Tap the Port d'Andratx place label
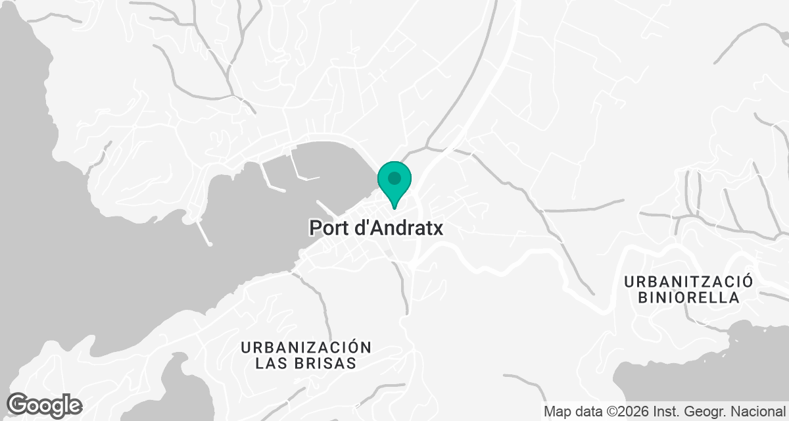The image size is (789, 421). (x=376, y=228)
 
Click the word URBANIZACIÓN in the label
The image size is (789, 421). (x=306, y=347)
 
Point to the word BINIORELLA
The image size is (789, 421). (x=688, y=297)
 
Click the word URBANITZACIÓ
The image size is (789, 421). (x=688, y=282)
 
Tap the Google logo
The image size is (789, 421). (x=44, y=405)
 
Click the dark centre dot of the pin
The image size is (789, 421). (x=394, y=178)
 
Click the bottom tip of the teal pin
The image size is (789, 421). (x=394, y=208)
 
